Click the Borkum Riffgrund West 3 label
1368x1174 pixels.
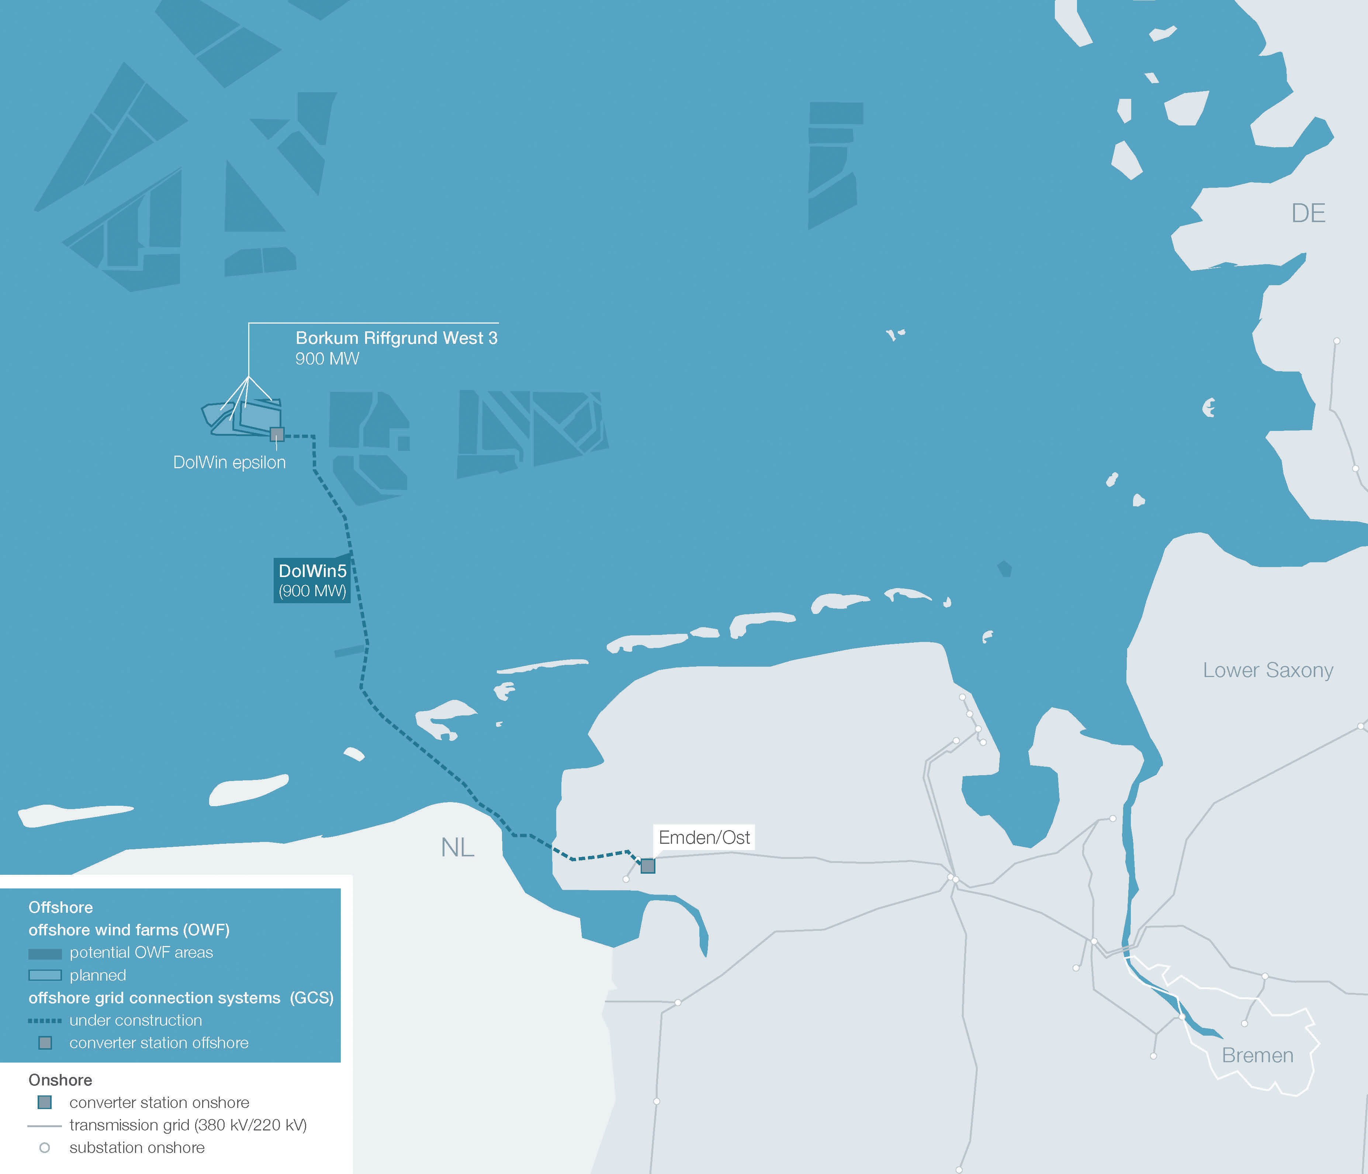tap(396, 338)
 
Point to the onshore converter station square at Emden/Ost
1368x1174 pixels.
tap(648, 866)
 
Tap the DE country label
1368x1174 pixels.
tap(1308, 213)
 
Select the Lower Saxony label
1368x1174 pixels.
tap(1268, 670)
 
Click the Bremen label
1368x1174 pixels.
tap(1257, 1055)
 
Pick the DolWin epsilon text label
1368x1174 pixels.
tap(229, 462)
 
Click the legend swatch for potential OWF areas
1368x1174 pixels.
tap(45, 953)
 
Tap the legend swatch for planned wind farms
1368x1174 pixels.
tap(45, 975)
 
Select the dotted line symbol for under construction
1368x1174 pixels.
tap(45, 1021)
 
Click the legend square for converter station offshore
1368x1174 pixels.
tap(45, 1043)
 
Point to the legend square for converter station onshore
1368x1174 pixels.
tap(45, 1102)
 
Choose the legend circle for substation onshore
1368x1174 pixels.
tap(45, 1147)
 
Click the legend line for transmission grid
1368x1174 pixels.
tap(45, 1126)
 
